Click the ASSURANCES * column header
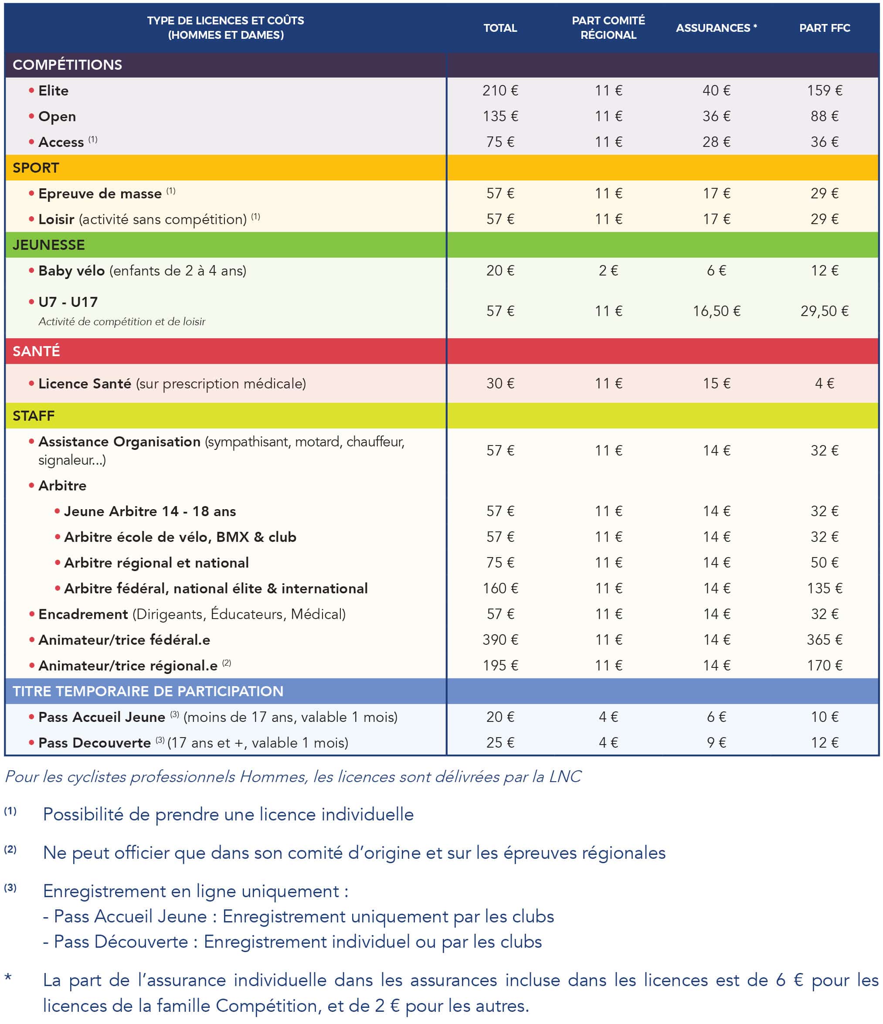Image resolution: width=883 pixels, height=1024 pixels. click(716, 28)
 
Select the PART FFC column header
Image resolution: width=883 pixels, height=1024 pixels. click(824, 28)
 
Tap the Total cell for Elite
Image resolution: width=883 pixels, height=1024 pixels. click(500, 90)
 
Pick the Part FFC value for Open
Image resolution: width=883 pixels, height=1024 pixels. click(824, 116)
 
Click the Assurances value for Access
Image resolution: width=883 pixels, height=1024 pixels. click(716, 142)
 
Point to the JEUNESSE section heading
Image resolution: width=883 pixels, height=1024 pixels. click(48, 245)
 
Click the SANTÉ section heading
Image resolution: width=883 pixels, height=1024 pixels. click(36, 351)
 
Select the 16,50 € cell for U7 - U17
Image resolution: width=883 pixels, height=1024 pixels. click(716, 311)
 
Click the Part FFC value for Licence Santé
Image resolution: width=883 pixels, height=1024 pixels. click(824, 384)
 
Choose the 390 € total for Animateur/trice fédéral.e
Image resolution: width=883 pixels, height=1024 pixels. click(500, 640)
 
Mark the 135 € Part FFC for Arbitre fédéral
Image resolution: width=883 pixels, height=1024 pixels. click(824, 588)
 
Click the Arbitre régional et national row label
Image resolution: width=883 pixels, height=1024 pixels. click(156, 562)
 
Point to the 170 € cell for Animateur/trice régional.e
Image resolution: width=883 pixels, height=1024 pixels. click(824, 665)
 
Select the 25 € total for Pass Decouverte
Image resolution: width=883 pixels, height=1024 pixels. click(500, 742)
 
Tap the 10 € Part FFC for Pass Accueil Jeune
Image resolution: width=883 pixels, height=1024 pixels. click(824, 717)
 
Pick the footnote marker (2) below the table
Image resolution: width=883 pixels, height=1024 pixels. click(10, 849)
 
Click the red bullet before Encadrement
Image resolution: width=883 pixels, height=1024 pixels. click(32, 614)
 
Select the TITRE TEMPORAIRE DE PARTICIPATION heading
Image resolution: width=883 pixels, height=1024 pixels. click(148, 691)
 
